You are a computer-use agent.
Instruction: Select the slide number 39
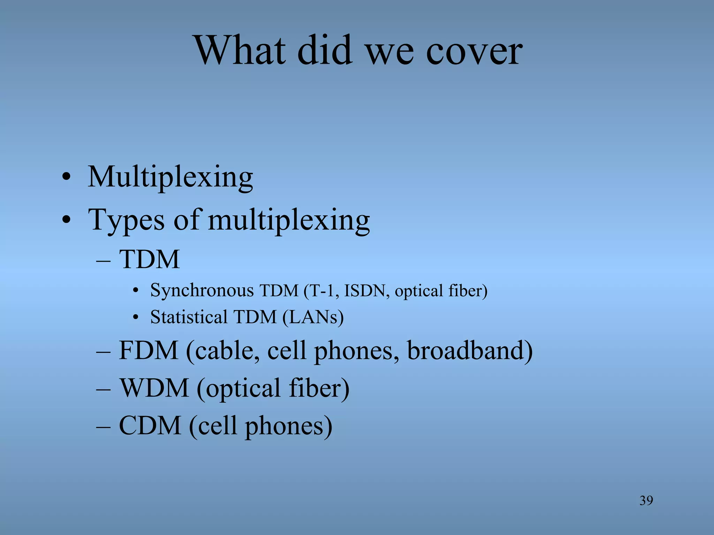646,501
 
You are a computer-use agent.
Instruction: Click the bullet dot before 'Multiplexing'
66,178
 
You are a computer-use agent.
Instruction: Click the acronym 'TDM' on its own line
149,259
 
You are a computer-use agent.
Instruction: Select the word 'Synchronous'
202,291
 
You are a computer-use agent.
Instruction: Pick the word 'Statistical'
188,317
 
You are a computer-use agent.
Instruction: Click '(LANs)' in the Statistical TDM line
313,317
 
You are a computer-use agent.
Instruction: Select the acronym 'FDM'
149,350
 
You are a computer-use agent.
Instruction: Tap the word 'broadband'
469,350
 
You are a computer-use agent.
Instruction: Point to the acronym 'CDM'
150,426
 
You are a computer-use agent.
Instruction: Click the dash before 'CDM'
103,426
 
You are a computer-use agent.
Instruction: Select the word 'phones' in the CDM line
288,426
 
